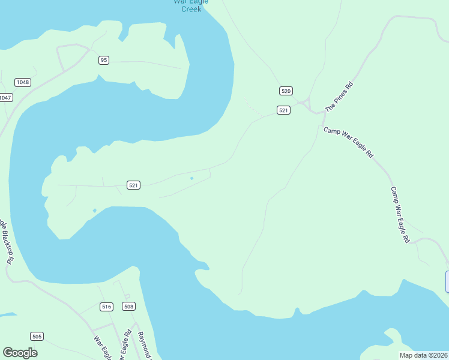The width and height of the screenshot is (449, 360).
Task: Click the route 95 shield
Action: [104, 60]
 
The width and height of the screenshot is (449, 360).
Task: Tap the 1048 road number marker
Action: [23, 82]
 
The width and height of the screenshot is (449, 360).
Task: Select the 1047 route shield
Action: [5, 97]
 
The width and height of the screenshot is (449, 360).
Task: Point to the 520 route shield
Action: [286, 91]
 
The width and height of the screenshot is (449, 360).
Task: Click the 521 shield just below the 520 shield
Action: [284, 110]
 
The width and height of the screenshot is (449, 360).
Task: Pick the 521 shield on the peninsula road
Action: [134, 185]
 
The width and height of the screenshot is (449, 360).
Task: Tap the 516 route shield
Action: [107, 307]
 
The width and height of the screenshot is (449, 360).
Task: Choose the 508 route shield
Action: [128, 307]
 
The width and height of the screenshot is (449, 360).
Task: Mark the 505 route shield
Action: [37, 337]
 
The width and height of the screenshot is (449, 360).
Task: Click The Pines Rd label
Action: [339, 97]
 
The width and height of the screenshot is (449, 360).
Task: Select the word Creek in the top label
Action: [191, 9]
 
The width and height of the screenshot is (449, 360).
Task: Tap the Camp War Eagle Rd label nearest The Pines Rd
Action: [348, 142]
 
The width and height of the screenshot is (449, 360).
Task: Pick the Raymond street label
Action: [144, 344]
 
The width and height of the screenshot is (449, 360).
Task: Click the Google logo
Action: [20, 353]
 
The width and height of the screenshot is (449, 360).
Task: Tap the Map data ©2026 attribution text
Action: [423, 355]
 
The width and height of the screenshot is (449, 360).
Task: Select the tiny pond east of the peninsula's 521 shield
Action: [191, 178]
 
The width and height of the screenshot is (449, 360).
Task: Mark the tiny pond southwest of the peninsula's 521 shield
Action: [94, 211]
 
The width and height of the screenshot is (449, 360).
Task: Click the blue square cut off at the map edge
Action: [447, 282]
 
